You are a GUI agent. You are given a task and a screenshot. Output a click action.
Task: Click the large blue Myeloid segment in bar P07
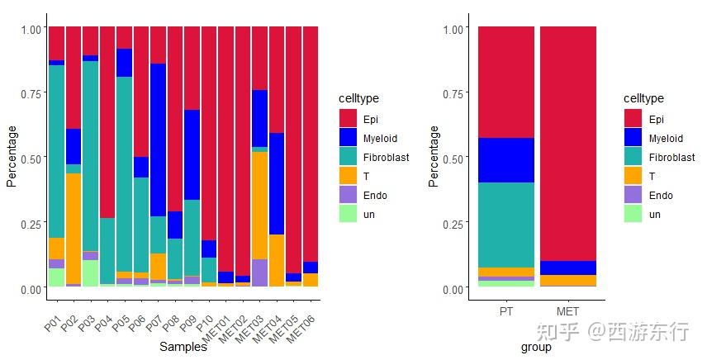158,140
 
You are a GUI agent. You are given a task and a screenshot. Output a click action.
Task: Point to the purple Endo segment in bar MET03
259,272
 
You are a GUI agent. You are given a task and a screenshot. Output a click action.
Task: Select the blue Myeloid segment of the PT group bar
505,160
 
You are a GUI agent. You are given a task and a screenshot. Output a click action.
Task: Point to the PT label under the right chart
505,311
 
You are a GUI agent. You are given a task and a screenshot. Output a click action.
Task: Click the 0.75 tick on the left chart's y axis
30,93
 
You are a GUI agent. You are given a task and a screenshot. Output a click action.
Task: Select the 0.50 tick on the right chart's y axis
451,158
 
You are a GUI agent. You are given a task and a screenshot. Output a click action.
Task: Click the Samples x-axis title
183,348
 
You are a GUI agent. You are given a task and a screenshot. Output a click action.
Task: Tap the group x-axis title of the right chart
536,348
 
